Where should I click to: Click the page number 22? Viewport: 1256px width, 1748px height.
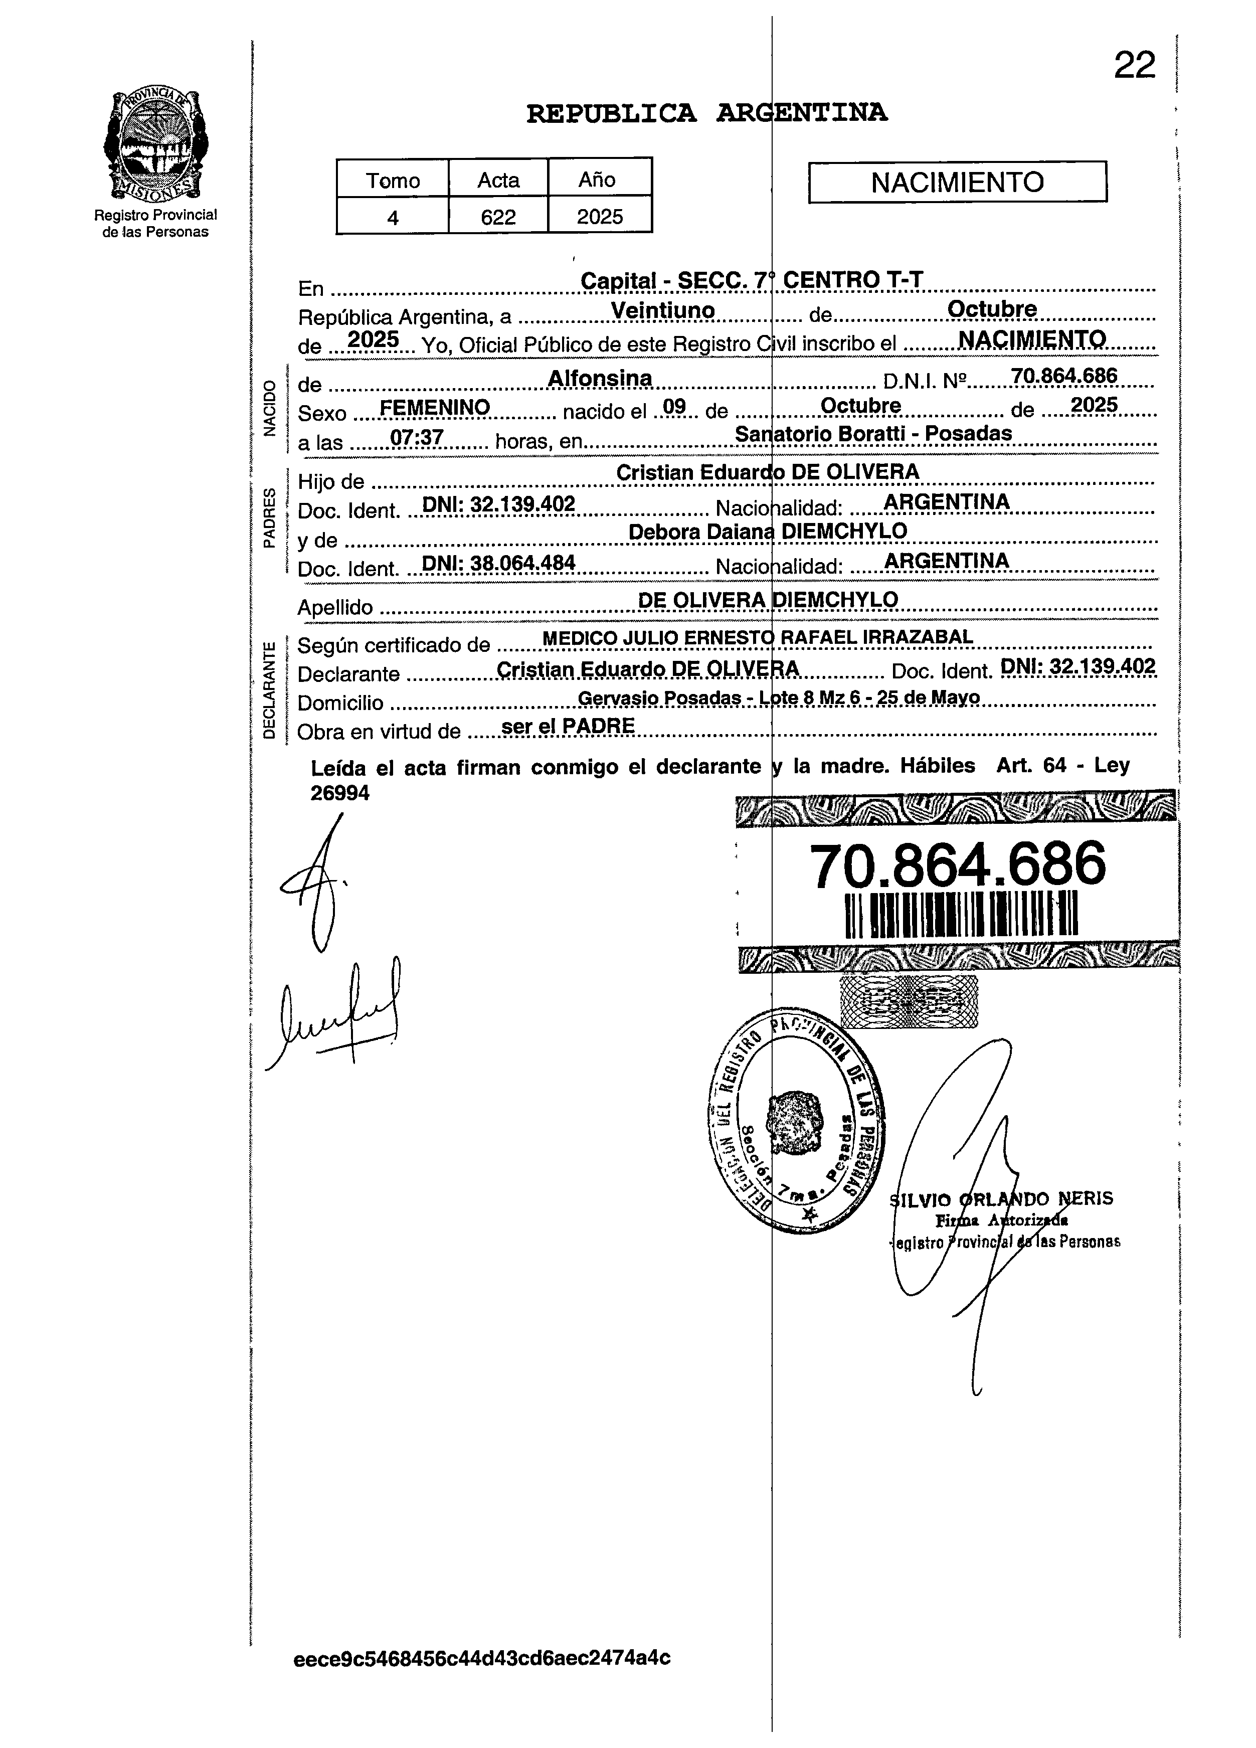pyautogui.click(x=1134, y=66)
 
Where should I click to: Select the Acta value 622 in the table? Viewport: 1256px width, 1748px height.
pyautogui.click(x=498, y=217)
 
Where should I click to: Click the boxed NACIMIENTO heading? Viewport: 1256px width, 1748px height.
pyautogui.click(x=957, y=182)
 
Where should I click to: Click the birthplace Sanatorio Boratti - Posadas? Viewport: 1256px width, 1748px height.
pyautogui.click(x=873, y=433)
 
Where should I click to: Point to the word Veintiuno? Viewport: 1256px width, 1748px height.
pyautogui.click(x=663, y=310)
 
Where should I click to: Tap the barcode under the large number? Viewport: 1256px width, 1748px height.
pyautogui.click(x=961, y=915)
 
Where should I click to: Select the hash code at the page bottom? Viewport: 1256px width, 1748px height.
pyautogui.click(x=482, y=1657)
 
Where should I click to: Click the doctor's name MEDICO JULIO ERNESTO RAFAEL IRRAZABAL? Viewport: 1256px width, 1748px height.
pyautogui.click(x=758, y=637)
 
